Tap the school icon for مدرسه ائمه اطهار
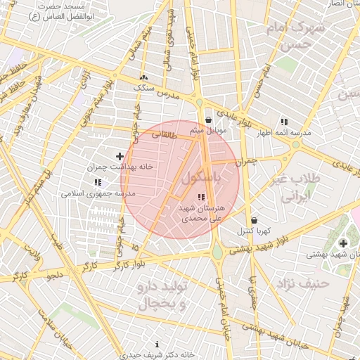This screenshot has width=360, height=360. (x=284, y=121)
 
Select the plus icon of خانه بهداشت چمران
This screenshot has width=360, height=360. (x=120, y=156)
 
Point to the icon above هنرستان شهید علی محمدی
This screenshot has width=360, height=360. (x=201, y=197)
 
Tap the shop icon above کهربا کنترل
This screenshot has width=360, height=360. (x=253, y=219)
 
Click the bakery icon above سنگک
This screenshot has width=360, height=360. (x=144, y=78)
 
